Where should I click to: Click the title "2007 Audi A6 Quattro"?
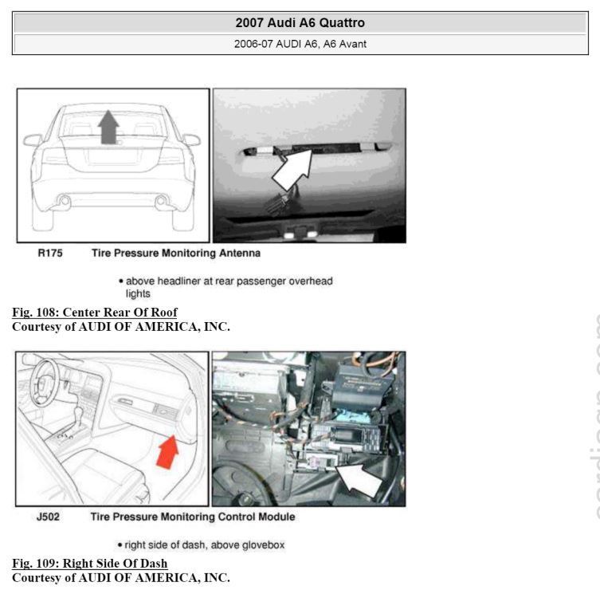(x=300, y=23)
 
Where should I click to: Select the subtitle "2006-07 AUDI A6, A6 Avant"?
(x=300, y=44)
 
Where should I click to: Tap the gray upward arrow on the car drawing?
(x=108, y=127)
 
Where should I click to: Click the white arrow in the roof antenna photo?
(x=292, y=166)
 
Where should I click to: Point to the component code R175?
(x=50, y=254)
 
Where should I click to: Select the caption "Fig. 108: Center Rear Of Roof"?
(x=95, y=312)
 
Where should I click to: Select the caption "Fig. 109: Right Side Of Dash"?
(x=89, y=563)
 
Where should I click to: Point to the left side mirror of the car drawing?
(x=33, y=140)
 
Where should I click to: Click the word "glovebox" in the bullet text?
(x=263, y=545)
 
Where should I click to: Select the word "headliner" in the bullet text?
(x=178, y=281)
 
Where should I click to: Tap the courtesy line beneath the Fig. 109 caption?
(x=121, y=576)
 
